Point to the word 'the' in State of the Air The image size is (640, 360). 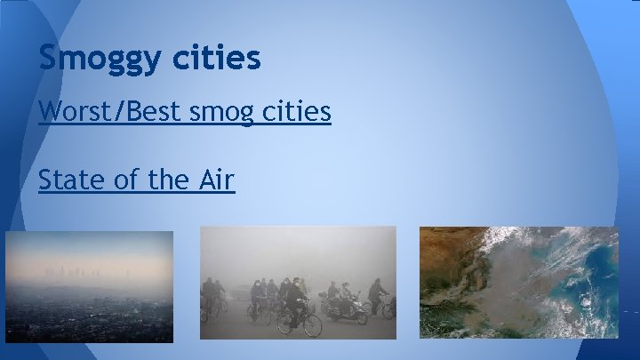pos(167,180)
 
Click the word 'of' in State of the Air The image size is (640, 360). pos(126,180)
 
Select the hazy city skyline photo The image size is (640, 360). pos(88,284)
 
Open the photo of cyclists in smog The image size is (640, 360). pos(298,283)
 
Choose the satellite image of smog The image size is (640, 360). pos(519,283)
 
